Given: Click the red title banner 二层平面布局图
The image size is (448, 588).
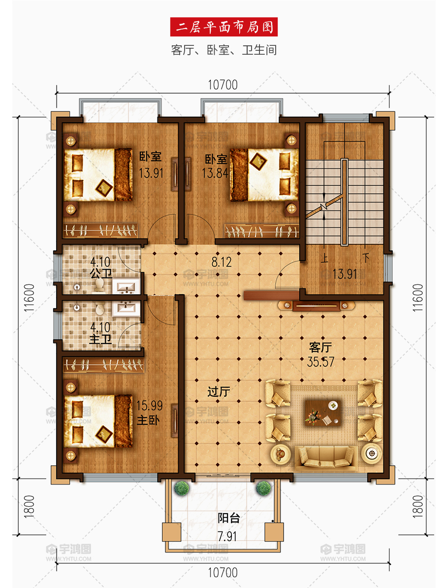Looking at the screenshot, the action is click(x=224, y=27).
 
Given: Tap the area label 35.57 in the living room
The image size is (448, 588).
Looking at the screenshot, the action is click(x=320, y=362).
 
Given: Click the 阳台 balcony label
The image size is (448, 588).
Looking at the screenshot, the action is click(x=228, y=518).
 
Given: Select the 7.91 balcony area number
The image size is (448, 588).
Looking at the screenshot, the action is click(x=227, y=536).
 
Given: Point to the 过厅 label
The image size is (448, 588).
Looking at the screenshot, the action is click(x=219, y=392).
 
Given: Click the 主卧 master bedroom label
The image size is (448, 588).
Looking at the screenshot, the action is click(x=148, y=420).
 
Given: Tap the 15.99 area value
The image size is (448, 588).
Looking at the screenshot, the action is click(x=150, y=405).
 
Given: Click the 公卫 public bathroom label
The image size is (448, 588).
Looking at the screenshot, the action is click(x=100, y=274).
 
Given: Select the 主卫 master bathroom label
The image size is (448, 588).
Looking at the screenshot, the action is click(x=100, y=340).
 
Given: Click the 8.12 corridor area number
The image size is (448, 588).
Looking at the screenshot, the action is click(x=222, y=262).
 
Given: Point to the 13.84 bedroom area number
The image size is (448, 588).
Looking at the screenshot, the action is click(x=215, y=173).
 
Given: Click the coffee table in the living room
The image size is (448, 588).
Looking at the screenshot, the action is click(x=323, y=413).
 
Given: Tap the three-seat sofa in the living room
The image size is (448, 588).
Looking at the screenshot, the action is click(x=325, y=457).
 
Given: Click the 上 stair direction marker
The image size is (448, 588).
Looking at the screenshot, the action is click(x=324, y=258).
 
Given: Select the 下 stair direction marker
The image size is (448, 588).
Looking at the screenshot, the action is click(x=366, y=258).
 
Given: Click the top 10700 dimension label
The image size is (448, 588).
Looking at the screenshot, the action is click(x=223, y=85).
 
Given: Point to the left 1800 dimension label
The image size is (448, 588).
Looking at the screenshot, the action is click(x=29, y=507).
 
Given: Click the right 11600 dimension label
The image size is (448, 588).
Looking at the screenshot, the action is click(x=417, y=298).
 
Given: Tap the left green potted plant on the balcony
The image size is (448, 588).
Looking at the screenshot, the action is click(x=182, y=488).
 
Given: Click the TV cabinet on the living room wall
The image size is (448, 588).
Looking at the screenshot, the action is click(x=316, y=306).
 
